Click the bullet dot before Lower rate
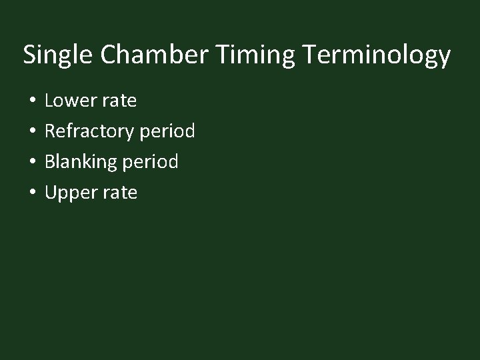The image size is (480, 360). pyautogui.click(x=31, y=101)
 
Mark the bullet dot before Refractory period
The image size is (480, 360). pyautogui.click(x=31, y=132)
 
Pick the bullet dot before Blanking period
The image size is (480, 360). pyautogui.click(x=31, y=163)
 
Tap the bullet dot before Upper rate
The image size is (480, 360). pyautogui.click(x=31, y=193)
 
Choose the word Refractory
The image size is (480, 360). pyautogui.click(x=89, y=132)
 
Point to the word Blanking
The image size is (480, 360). pyautogui.click(x=81, y=163)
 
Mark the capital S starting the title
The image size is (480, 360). pyautogui.click(x=29, y=55)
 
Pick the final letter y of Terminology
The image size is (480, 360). pyautogui.click(x=445, y=58)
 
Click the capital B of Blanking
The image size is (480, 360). pyautogui.click(x=50, y=162)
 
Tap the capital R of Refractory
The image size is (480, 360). pyautogui.click(x=50, y=131)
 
